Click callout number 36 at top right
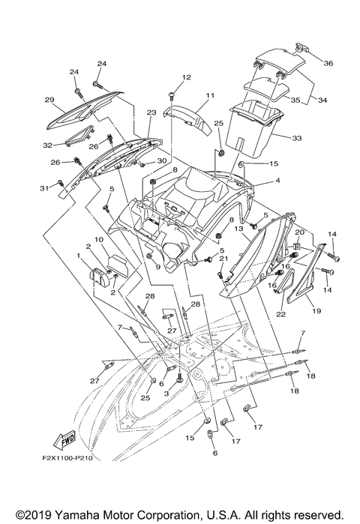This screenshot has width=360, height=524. pyautogui.click(x=328, y=63)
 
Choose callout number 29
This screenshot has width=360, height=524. pyautogui.click(x=49, y=100)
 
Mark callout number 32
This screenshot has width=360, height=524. pyautogui.click(x=46, y=144)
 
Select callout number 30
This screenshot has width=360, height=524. pyautogui.click(x=161, y=161)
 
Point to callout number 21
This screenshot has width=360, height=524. pyautogui.click(x=223, y=258)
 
